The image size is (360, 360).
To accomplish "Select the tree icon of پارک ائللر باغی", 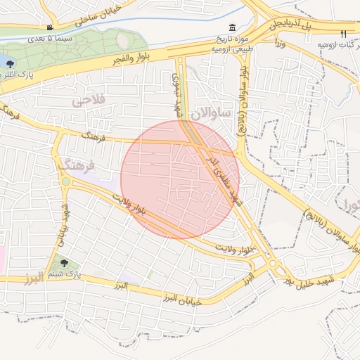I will click(11, 63).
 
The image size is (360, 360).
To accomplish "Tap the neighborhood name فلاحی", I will click(87, 101).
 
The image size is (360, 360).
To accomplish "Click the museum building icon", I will click(232, 27).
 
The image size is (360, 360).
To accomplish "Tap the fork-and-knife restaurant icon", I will click(343, 33).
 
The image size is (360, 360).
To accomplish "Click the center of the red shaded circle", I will click(180, 180).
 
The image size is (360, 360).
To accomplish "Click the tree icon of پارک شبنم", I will click(64, 263).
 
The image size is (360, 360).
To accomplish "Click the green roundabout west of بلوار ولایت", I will click(65, 181).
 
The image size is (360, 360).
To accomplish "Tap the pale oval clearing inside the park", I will click(123, 41).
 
